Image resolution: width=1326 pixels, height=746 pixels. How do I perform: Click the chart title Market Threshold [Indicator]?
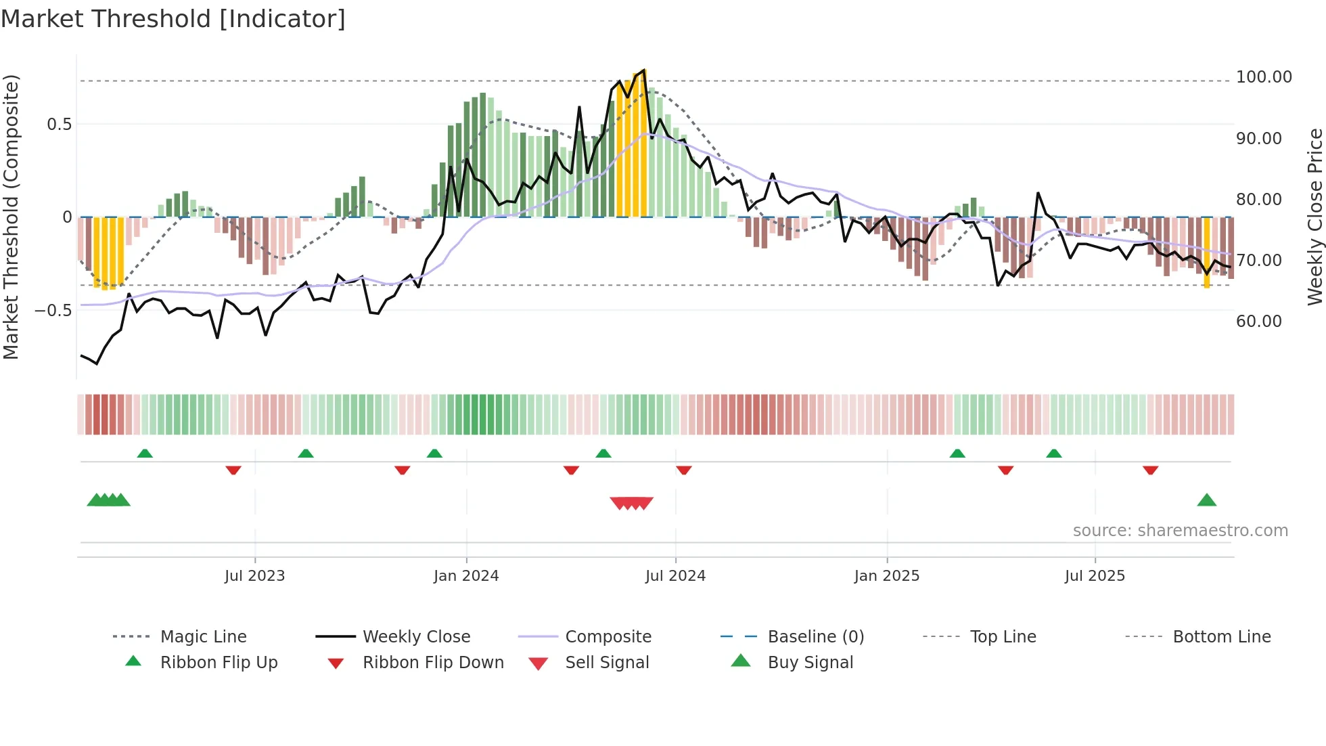point(173,19)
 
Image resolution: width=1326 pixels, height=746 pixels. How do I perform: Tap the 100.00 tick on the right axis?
point(1263,77)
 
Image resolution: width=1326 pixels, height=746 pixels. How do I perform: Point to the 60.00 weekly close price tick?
point(1258,322)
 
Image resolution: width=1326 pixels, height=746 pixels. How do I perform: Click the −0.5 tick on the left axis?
point(53,311)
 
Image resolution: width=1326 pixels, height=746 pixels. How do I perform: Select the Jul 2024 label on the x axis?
point(675,576)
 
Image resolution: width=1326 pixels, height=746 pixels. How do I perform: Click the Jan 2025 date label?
point(886,576)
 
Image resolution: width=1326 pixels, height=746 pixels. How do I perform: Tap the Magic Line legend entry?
point(203,637)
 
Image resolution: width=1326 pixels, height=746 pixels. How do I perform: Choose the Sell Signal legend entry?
point(607,663)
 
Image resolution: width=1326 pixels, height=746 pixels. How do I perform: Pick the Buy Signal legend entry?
point(810,663)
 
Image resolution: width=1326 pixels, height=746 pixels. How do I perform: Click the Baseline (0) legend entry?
point(815,637)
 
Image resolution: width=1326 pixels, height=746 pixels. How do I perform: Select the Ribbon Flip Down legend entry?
point(433,663)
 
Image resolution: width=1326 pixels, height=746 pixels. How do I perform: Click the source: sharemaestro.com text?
point(1180,531)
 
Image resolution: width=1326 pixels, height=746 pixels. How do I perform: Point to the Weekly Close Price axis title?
point(1314,217)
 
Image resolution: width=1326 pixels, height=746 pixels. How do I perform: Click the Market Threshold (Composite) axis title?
point(11,217)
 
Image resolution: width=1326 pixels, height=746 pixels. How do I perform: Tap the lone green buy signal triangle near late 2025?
point(1206,501)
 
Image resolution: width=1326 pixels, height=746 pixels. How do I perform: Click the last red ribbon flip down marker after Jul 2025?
point(1150,470)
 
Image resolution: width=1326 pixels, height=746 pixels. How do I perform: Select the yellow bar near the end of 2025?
point(1206,252)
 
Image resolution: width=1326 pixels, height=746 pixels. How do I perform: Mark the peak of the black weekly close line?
point(644,70)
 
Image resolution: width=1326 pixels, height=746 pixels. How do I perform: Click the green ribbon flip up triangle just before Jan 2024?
point(434,454)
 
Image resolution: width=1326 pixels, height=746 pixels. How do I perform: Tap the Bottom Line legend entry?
point(1221,637)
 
